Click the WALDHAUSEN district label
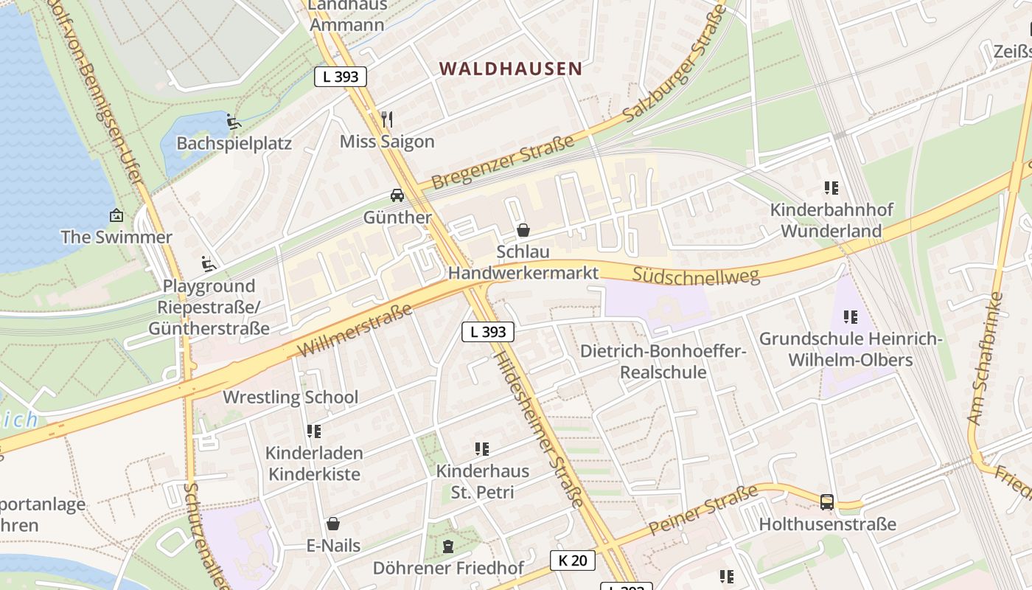click(x=511, y=69)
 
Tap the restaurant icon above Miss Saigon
click(x=387, y=119)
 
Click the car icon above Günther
click(x=397, y=195)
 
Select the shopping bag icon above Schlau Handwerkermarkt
click(x=523, y=230)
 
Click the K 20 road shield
click(x=573, y=560)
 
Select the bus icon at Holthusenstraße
click(x=827, y=502)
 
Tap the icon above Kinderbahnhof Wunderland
click(x=831, y=188)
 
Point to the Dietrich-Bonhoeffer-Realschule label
click(x=663, y=361)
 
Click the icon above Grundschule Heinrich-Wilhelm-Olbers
click(x=850, y=317)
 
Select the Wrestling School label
click(x=290, y=397)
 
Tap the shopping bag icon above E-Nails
click(x=333, y=524)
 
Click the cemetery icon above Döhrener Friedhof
click(x=447, y=546)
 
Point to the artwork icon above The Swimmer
click(x=116, y=215)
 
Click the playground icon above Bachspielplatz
click(x=233, y=122)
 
